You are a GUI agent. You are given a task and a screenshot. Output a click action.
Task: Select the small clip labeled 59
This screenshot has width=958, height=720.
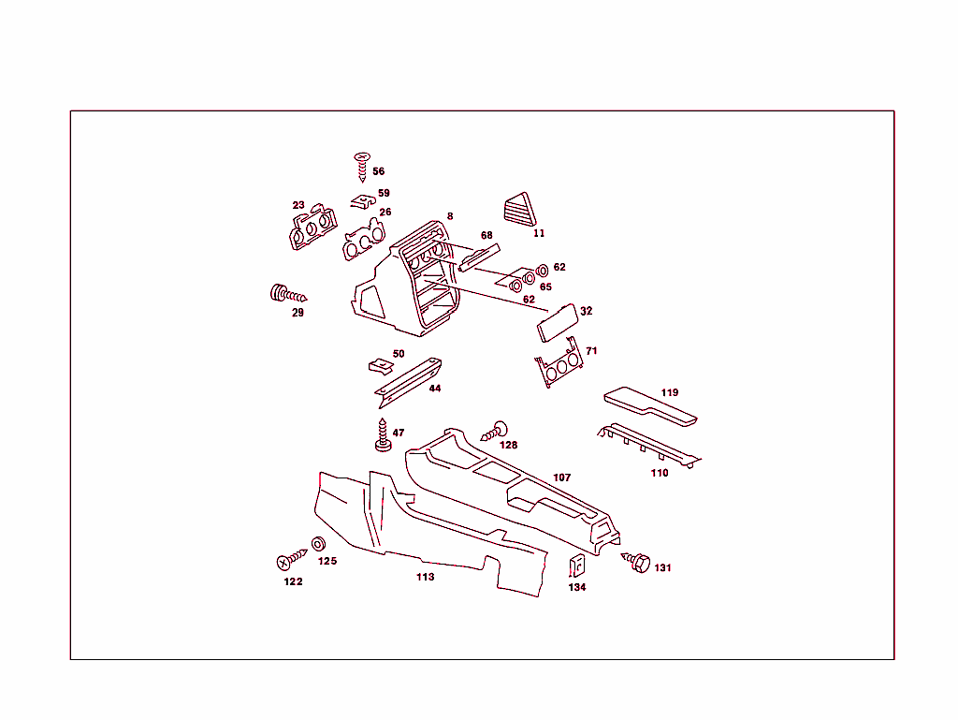(362, 200)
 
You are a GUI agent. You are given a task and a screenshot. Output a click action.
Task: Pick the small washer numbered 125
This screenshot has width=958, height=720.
(318, 544)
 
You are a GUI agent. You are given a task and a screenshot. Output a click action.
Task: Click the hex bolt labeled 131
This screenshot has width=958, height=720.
(638, 563)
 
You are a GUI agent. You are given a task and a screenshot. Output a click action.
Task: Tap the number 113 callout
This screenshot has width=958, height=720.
(426, 578)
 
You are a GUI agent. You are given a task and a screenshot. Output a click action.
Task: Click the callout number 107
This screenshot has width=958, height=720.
(561, 478)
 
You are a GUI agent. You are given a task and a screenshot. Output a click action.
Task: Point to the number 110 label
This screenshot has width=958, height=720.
(660, 473)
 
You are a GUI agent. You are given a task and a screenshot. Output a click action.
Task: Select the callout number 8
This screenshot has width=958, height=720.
(450, 216)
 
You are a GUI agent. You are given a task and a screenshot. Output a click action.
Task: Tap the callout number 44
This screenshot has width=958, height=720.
(435, 388)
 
